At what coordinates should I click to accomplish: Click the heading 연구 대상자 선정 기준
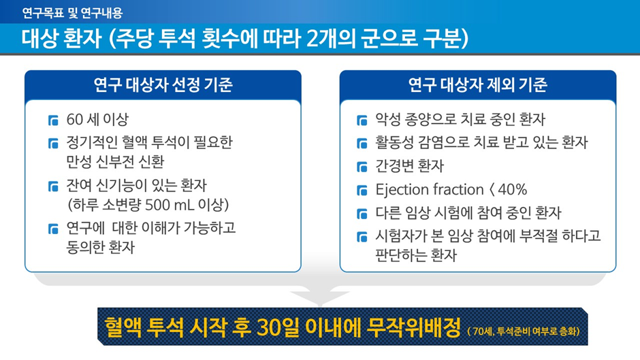point(163,85)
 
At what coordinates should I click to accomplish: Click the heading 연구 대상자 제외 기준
point(477,85)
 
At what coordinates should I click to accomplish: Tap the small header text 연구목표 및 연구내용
point(72,13)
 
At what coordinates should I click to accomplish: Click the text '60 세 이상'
point(97,120)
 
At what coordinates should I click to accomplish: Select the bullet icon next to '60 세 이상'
point(54,120)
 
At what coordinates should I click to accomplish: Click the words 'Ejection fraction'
point(430,190)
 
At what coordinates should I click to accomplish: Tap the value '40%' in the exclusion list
point(512,190)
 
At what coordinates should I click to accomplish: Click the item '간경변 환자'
point(409,166)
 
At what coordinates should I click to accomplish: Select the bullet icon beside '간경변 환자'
point(362,167)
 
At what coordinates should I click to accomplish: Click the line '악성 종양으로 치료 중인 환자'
point(460,120)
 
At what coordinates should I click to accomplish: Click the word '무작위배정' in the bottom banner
point(414,327)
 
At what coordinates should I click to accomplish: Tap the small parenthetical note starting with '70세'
point(524,331)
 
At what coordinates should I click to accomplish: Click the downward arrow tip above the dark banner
point(320,306)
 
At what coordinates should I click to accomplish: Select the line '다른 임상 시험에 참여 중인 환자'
point(468,213)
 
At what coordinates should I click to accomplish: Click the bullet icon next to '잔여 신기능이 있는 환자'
point(54,186)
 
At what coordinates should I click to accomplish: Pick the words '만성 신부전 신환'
point(115,162)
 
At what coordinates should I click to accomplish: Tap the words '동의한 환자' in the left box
point(100,247)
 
